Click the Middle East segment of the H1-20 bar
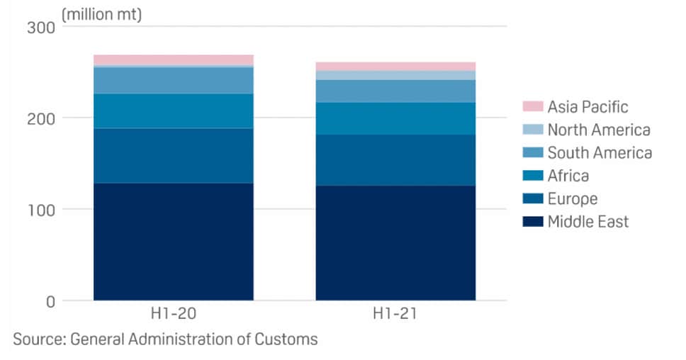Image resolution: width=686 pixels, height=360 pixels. click(173, 241)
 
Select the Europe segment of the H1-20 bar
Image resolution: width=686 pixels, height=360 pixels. click(173, 155)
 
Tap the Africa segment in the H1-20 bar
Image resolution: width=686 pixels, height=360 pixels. click(173, 111)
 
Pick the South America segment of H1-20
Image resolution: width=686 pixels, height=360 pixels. click(173, 80)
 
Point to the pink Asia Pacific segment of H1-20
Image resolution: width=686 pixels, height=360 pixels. click(173, 60)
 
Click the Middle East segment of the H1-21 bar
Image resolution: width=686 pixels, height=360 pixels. click(395, 242)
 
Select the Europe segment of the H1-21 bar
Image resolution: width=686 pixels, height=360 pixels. click(395, 159)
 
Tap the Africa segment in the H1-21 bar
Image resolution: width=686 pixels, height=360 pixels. click(395, 118)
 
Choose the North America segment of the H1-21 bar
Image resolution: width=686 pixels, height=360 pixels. click(395, 75)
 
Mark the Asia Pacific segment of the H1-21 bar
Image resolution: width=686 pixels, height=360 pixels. click(395, 66)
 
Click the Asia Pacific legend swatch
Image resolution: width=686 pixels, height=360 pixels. click(532, 107)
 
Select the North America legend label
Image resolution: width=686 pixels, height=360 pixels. click(599, 130)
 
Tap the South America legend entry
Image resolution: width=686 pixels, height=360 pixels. click(600, 153)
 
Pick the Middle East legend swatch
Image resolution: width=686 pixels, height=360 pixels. click(532, 222)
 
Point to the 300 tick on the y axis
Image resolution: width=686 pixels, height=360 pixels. click(40, 27)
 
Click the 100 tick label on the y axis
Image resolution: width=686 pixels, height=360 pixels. click(40, 209)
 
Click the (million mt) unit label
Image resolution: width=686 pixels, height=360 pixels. click(102, 14)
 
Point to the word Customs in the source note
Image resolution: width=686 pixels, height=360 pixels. click(285, 339)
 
